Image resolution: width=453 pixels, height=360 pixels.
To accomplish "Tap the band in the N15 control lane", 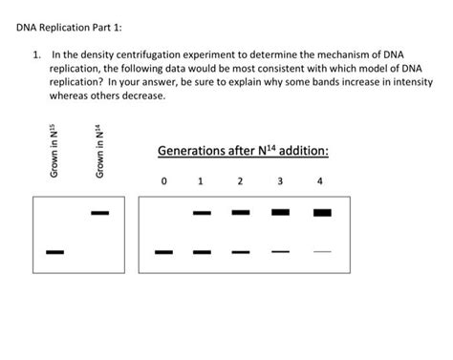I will pos(54,252).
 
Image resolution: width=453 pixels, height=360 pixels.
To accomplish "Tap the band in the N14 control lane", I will pos(99,212).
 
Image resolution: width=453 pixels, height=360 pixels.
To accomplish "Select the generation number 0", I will pos(164,180).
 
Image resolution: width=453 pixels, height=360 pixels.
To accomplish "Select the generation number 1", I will pos(200,180).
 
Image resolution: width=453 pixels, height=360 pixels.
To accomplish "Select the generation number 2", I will pos(241,180).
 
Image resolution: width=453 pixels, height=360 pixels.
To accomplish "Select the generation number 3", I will pos(280,180).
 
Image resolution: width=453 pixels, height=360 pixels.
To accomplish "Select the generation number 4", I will pos(320,180).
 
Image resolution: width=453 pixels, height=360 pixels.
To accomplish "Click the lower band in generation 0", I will pos(164,252).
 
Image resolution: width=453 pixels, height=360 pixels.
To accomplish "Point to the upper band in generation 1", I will pos(202,212).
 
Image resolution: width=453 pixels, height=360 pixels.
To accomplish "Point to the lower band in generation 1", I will pos(202,252).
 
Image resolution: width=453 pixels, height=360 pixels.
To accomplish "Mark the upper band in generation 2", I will pos(241,212).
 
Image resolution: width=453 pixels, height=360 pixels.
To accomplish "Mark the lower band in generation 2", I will pos(241,252).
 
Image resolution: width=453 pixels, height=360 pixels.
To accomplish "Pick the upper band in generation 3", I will pos(280,212).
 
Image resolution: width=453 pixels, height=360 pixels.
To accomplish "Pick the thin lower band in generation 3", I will pos(280,252).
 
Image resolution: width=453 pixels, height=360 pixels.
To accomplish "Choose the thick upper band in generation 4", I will pos(322,212).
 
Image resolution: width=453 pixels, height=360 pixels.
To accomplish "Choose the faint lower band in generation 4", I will pos(322,252).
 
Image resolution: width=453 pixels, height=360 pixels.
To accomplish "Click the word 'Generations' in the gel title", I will pos(194,151).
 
